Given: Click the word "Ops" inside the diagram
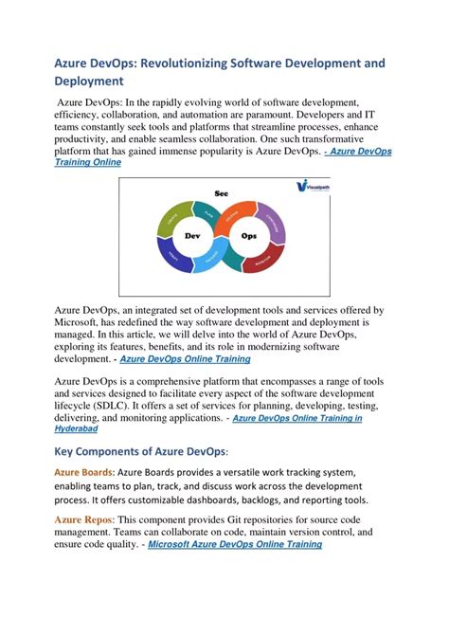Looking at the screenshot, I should pos(249,235).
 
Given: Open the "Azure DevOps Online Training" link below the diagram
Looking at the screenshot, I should pos(185,359).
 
